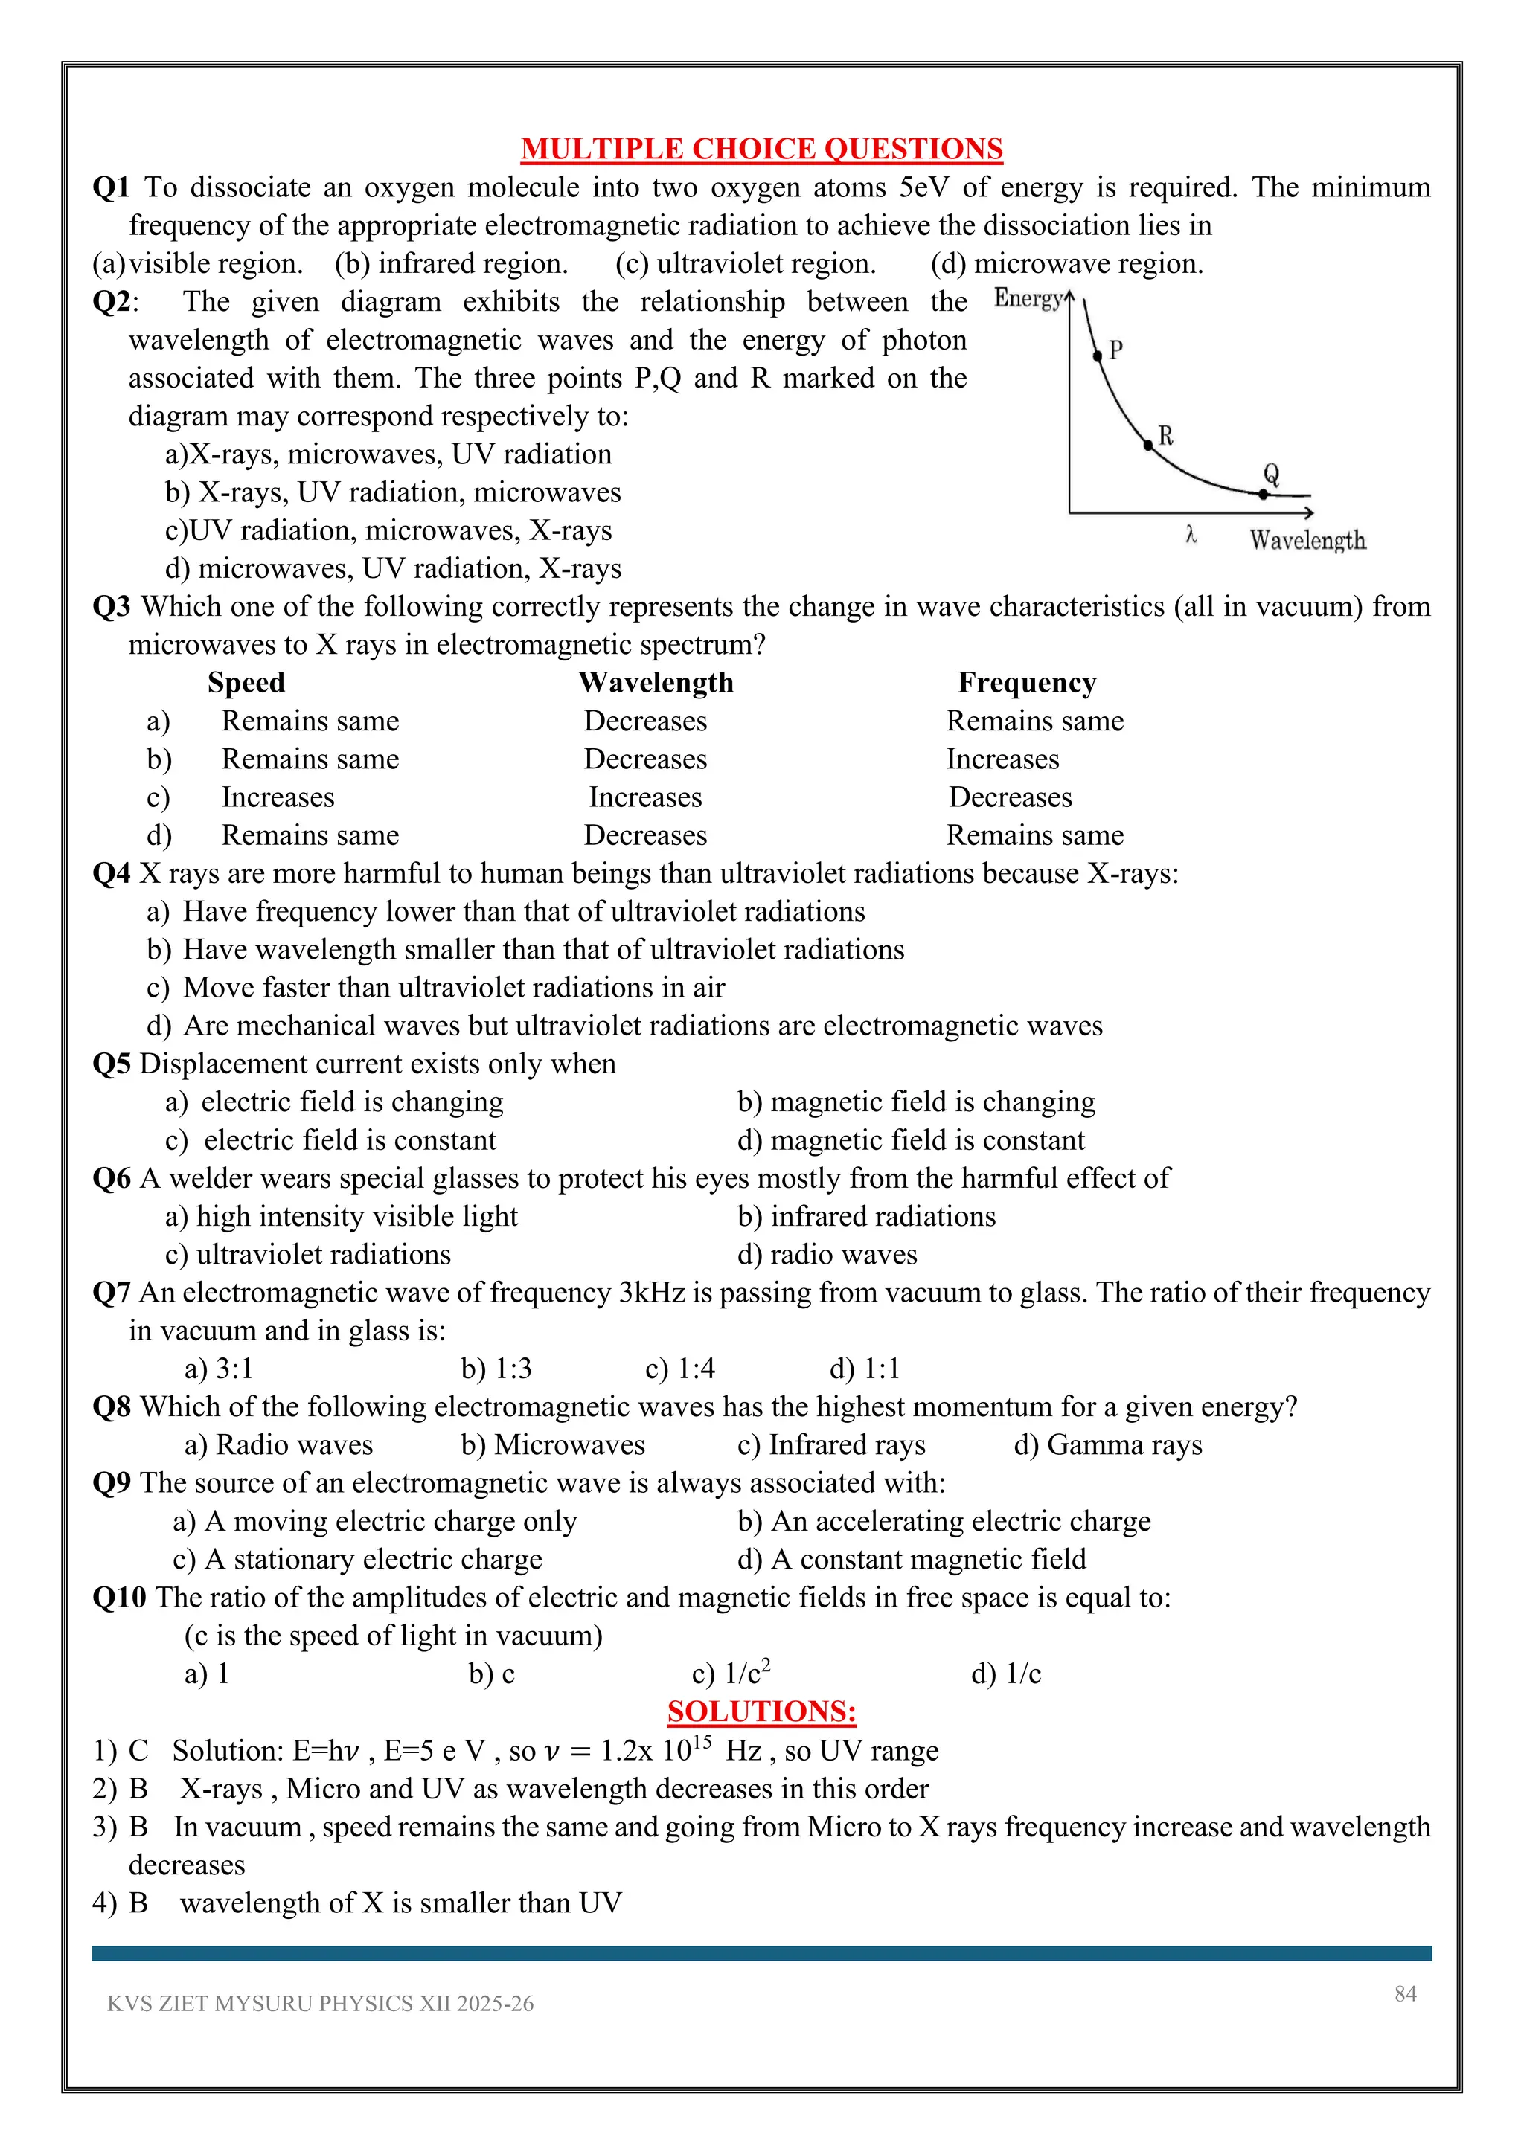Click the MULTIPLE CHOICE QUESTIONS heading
761,150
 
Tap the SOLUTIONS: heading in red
761,1711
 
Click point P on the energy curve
1097,356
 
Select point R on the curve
1147,446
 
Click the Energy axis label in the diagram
1028,298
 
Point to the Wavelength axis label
1307,541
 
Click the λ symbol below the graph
1191,535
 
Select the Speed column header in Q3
246,682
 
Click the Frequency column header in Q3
1027,682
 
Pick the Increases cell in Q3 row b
1002,759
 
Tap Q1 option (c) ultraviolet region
746,263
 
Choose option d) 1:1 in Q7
864,1369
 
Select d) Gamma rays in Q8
1107,1444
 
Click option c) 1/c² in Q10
731,1674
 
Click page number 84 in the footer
1405,1993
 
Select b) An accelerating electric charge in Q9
944,1521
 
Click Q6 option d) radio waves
827,1254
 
